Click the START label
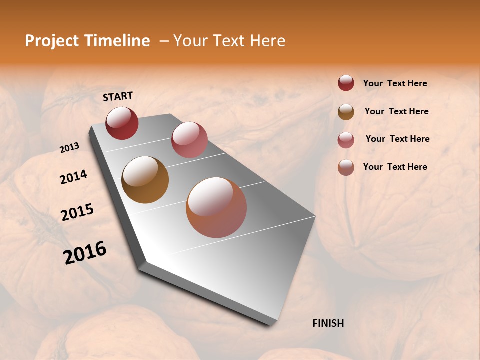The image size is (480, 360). tap(118, 96)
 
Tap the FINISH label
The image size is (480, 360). tap(328, 323)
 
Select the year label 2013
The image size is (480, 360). tap(69, 148)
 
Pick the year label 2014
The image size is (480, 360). tap(73, 177)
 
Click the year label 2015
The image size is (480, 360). tap(77, 212)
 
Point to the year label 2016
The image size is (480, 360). tap(85, 252)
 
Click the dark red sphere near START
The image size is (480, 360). tap(122, 123)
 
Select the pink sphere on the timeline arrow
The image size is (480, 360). tap(189, 140)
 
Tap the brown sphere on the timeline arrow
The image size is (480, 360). tap(145, 180)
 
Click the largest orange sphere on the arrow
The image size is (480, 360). tap(216, 207)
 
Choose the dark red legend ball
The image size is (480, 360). tap(346, 83)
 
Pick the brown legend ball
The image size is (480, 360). tap(346, 111)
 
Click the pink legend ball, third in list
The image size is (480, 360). tap(346, 139)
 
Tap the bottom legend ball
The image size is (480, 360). tap(346, 167)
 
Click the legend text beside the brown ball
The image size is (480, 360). tap(396, 111)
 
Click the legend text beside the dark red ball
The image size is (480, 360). tap(395, 83)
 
